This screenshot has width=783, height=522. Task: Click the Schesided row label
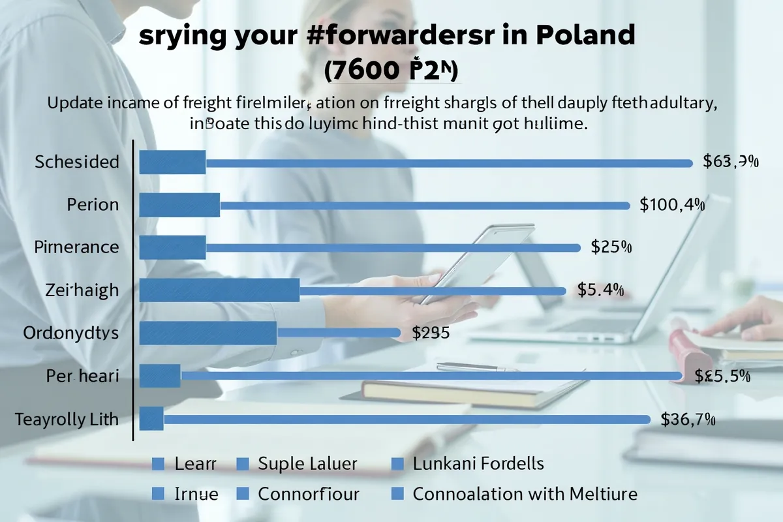pos(77,162)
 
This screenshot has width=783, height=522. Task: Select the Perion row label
pos(93,205)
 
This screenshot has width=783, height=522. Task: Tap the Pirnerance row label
pos(76,247)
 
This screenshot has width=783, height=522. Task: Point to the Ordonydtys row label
pos(70,333)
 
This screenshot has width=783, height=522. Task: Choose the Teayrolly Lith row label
pos(67,419)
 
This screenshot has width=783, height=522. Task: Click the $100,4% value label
pos(672,205)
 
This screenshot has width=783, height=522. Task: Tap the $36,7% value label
pos(688,420)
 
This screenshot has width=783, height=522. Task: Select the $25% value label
pos(611,247)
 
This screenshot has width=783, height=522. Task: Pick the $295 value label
pos(431,333)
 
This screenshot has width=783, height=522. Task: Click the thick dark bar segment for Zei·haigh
pos(220,290)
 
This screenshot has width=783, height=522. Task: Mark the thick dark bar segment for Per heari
pos(161,376)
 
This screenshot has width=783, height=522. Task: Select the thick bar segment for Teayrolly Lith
pos(151,419)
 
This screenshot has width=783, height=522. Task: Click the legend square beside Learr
pos(157,464)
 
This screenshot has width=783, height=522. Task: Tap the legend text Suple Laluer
pos(307,464)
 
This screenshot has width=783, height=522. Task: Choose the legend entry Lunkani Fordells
pos(478,464)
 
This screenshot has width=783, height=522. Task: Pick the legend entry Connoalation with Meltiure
pos(525,494)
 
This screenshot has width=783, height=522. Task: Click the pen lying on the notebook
pos(476,367)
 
